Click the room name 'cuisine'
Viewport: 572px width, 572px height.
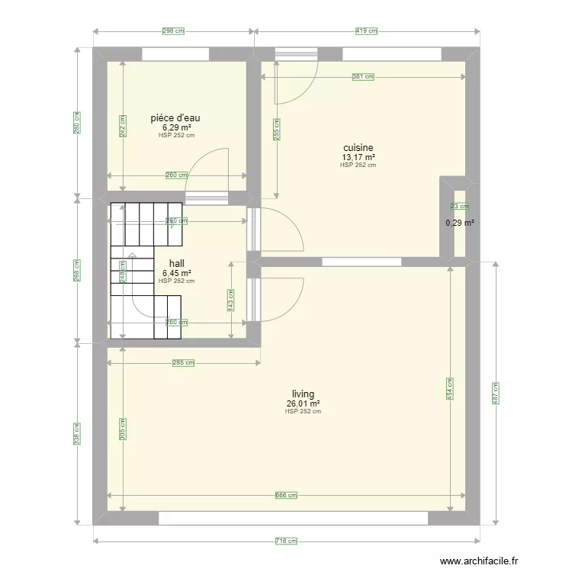tap(358, 148)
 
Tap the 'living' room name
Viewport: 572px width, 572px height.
tap(303, 394)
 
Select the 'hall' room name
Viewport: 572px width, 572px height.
tap(176, 263)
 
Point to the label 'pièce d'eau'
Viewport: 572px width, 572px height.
tap(175, 118)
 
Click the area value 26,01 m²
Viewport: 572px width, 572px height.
tap(303, 403)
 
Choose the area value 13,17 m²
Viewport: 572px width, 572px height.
tap(358, 158)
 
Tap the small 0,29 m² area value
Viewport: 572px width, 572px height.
tap(460, 223)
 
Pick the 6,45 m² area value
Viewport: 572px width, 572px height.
tap(176, 273)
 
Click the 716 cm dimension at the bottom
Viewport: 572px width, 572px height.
tap(286, 541)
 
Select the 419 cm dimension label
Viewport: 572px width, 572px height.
tap(366, 31)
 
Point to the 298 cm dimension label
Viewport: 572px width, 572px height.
tap(173, 31)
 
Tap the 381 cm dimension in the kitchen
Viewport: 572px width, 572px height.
tap(363, 77)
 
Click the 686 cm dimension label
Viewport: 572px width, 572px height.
tap(286, 496)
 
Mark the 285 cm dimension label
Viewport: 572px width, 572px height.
tap(183, 363)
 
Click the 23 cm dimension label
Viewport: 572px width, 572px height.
tap(460, 207)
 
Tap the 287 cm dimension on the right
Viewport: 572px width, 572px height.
tap(496, 393)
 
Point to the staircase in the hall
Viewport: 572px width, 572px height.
tap(145, 271)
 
